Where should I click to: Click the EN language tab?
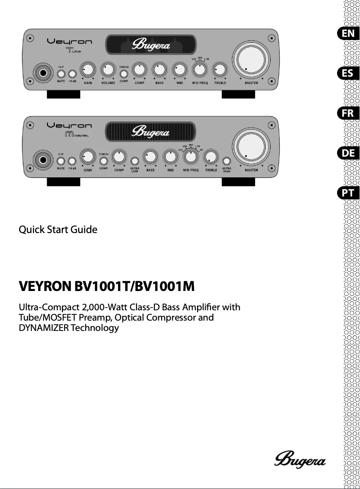pos(347,33)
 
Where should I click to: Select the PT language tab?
pos(347,193)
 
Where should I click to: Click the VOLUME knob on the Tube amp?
pos(108,70)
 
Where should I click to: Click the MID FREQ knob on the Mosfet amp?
pos(191,157)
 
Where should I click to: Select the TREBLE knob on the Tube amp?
pos(220,70)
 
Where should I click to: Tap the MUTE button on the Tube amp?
pos(61,74)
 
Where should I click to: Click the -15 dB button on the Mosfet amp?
pos(72,161)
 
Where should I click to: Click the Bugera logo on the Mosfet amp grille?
pos(150,132)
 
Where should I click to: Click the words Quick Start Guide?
pos(57,229)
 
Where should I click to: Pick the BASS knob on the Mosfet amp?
pos(150,157)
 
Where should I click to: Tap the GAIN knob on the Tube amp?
pos(88,70)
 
